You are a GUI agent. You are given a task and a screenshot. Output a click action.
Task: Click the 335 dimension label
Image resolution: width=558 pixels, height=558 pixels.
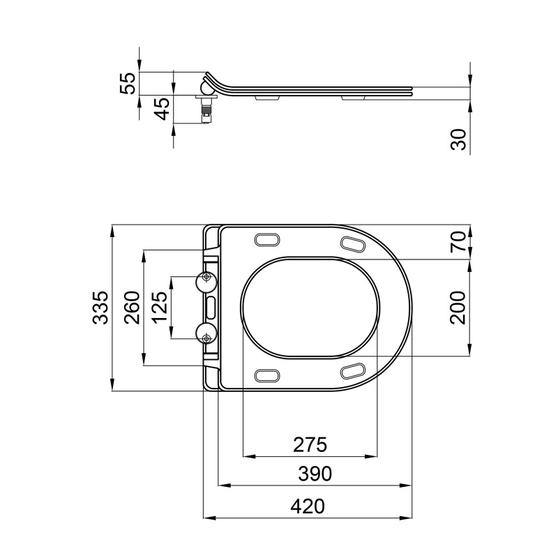[100, 308]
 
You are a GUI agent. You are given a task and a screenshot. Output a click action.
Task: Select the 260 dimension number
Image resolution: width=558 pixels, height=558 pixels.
[132, 308]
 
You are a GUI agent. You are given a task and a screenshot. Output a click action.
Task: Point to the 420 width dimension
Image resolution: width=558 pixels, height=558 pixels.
[308, 506]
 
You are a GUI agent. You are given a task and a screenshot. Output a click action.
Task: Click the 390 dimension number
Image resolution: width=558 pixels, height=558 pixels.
[315, 474]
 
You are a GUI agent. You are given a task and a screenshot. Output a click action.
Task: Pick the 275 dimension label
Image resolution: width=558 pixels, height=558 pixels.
[310, 444]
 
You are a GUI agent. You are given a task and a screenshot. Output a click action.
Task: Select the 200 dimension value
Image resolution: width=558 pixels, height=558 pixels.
[458, 308]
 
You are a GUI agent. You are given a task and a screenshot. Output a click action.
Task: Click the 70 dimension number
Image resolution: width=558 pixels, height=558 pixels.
[458, 241]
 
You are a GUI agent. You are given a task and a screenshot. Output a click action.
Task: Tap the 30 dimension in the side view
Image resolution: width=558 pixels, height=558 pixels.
[458, 139]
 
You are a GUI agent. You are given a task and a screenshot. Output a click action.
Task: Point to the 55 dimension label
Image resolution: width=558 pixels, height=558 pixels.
[127, 83]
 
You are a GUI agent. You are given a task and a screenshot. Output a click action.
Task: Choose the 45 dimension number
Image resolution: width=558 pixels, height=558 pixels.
[161, 109]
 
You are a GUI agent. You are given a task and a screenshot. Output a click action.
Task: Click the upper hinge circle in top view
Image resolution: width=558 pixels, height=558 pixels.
[206, 279]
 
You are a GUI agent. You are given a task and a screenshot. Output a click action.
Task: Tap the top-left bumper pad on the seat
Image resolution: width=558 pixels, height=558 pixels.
[268, 239]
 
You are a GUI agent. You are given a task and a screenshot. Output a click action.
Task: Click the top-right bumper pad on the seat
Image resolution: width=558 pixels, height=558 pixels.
[352, 243]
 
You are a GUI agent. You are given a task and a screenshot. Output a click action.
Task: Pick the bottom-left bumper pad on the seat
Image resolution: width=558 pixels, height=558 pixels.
[268, 375]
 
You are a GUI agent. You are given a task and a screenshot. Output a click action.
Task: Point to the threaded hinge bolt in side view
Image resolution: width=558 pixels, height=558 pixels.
[205, 112]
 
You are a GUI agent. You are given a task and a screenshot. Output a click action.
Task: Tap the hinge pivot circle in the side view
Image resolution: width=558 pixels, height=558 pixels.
[206, 87]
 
